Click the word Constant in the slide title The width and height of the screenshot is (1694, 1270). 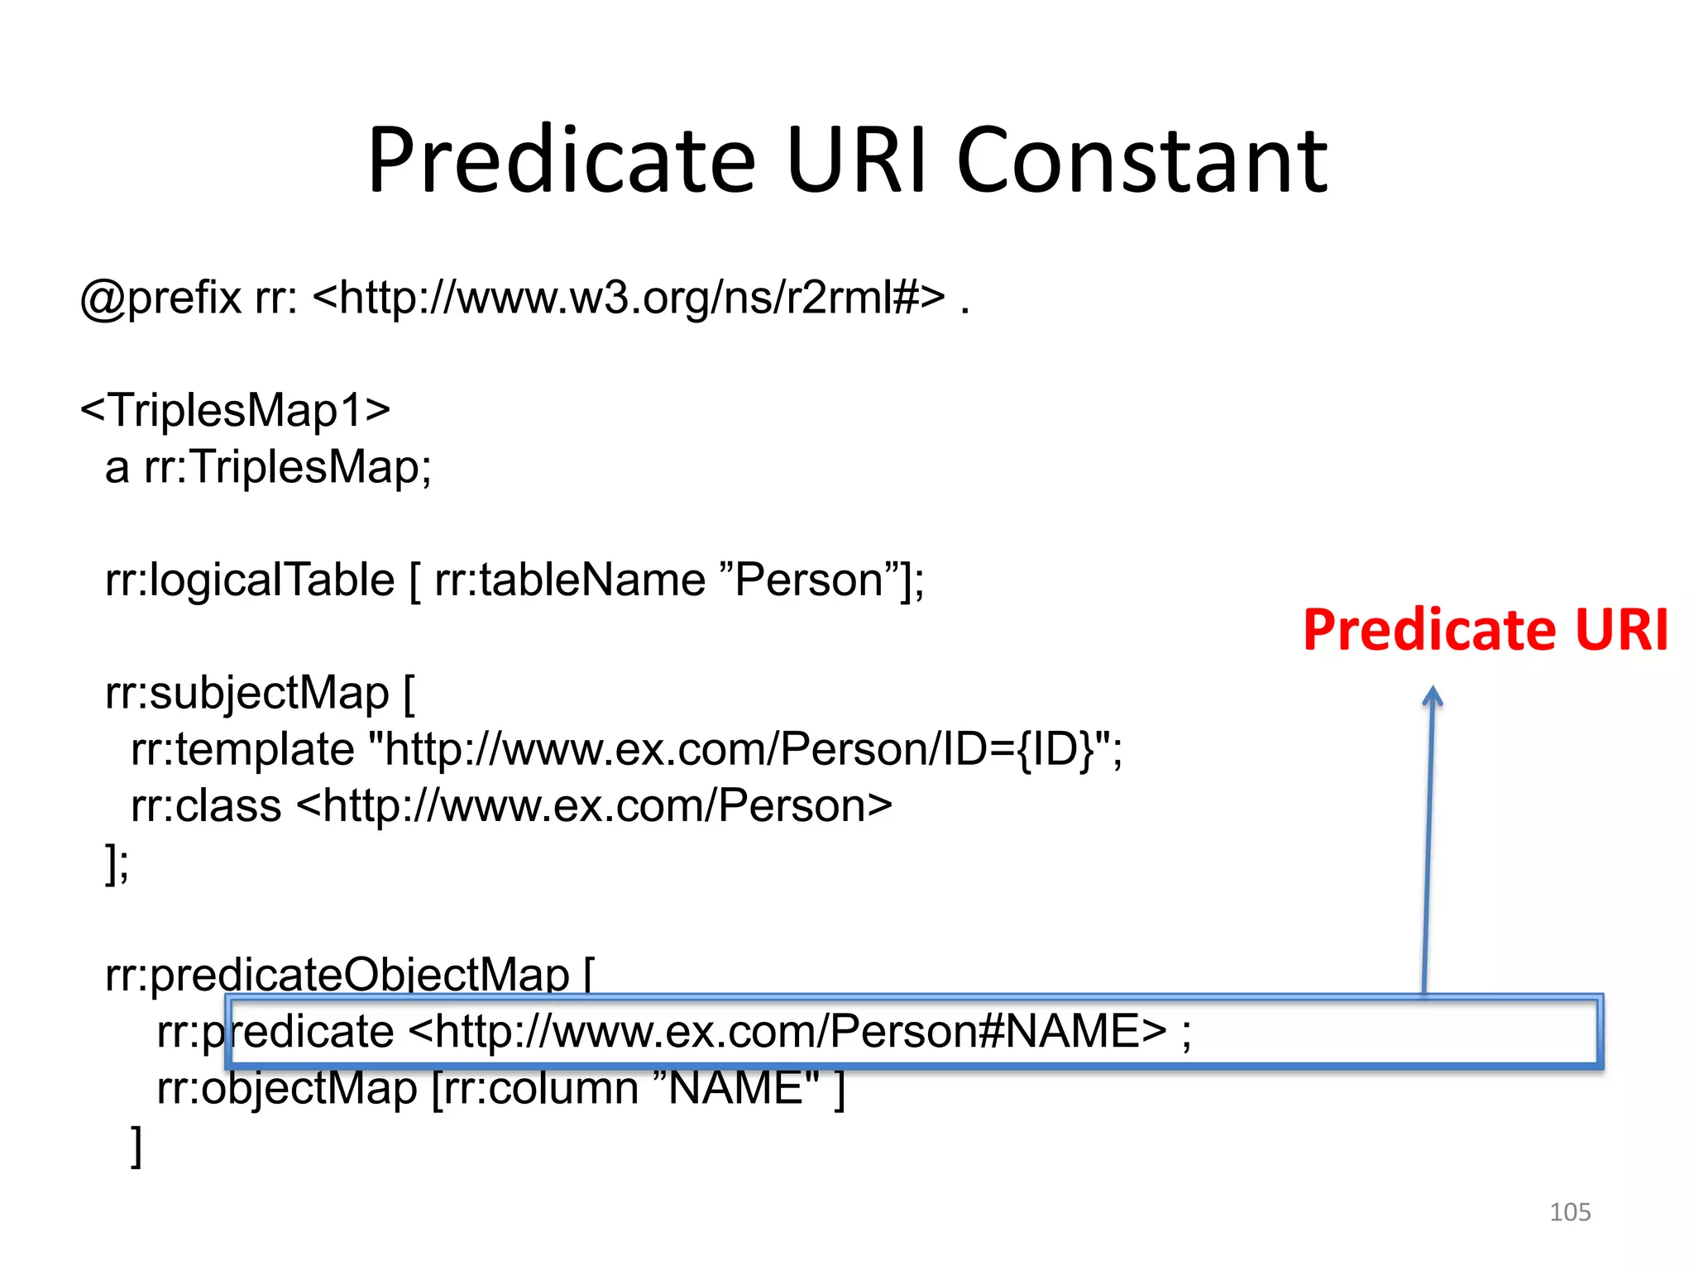coord(1141,160)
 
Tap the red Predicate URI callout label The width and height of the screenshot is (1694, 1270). coord(1486,630)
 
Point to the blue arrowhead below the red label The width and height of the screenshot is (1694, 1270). coord(1433,696)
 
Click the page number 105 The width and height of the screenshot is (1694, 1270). coord(1570,1212)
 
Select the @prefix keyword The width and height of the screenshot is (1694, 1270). coord(160,298)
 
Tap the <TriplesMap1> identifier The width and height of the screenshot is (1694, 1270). coord(235,410)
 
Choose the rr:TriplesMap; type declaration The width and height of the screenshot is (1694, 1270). coord(287,467)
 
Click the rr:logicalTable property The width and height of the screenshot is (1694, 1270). coord(250,580)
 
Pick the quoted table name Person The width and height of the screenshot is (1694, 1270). coord(809,580)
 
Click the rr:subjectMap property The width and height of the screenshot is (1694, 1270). coord(246,693)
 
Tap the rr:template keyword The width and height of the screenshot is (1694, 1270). coord(242,750)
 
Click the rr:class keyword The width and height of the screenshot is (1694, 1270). coord(206,806)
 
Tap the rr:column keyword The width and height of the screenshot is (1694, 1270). coord(542,1088)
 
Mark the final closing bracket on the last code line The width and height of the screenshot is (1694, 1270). coord(136,1145)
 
